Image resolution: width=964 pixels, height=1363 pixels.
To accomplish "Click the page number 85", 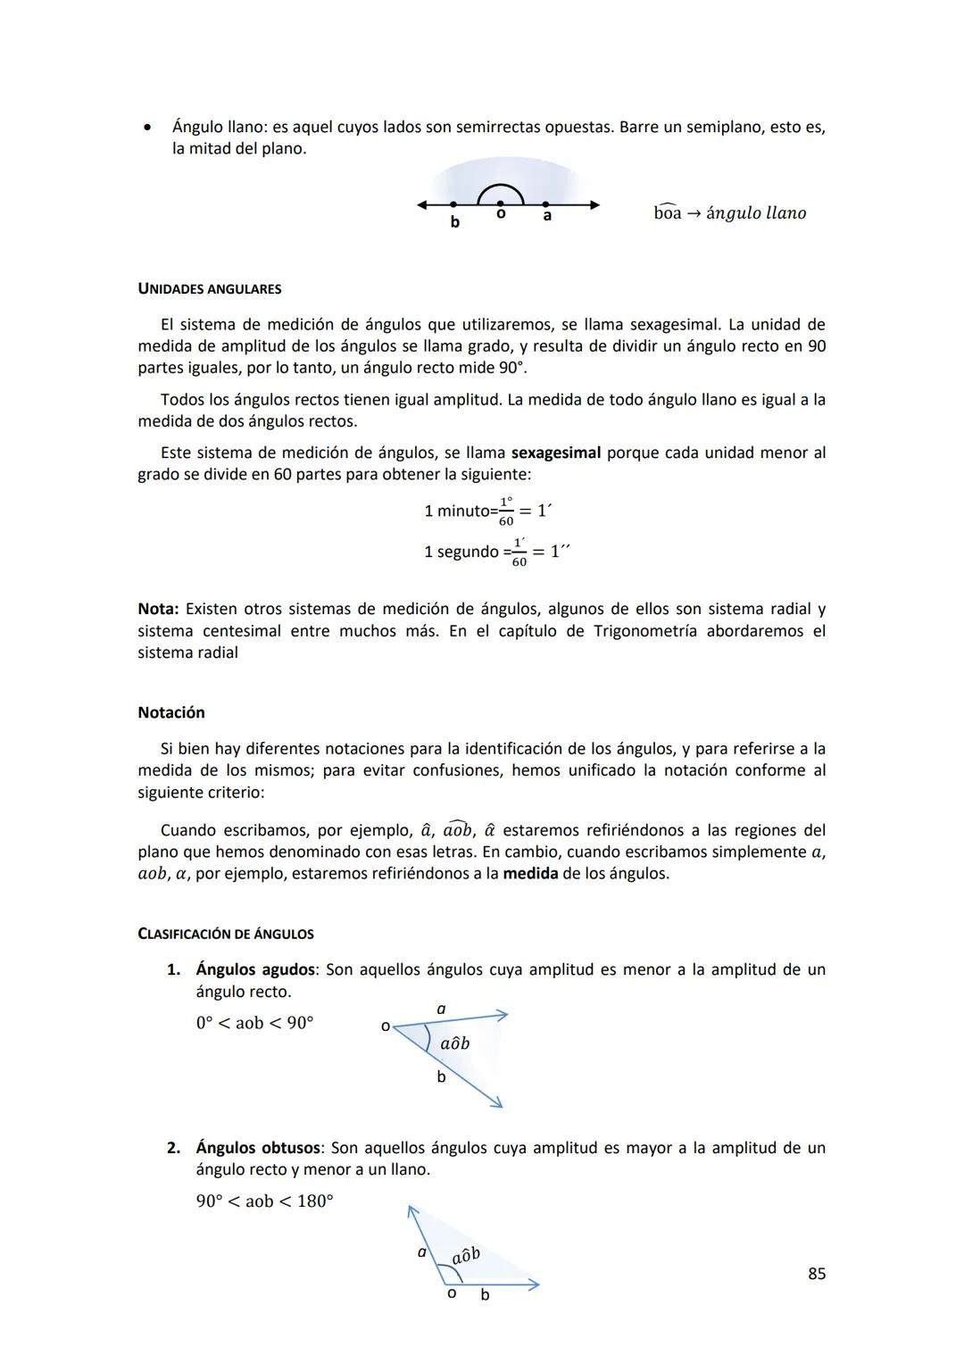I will pyautogui.click(x=816, y=1274).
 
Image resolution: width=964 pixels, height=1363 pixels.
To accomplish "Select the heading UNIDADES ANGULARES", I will pyautogui.click(x=210, y=289).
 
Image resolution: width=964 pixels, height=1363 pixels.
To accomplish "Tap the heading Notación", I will pyautogui.click(x=171, y=712).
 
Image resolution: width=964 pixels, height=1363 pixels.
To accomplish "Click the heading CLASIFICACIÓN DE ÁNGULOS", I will pyautogui.click(x=226, y=934).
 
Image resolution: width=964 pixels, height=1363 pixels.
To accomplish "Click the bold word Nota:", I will pyautogui.click(x=158, y=609).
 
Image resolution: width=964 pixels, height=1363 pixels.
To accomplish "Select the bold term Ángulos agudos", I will pyautogui.click(x=255, y=969).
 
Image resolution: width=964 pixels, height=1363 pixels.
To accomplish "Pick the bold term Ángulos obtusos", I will pyautogui.click(x=258, y=1148).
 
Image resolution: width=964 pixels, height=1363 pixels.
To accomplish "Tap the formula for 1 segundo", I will pyautogui.click(x=496, y=552).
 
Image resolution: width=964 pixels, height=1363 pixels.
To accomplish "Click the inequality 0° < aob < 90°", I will pyautogui.click(x=254, y=1023).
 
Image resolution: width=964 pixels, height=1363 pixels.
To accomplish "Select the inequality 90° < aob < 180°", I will pyautogui.click(x=264, y=1201).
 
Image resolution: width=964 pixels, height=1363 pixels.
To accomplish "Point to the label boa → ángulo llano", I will pyautogui.click(x=729, y=213).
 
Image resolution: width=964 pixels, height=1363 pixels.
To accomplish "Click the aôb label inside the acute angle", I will pyautogui.click(x=454, y=1043).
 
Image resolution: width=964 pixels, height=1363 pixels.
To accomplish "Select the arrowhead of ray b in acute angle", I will pyautogui.click(x=496, y=1103).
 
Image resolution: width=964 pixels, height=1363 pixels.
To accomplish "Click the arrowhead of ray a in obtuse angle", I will pyautogui.click(x=411, y=1211).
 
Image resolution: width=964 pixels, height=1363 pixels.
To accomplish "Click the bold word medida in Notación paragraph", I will pyautogui.click(x=530, y=873).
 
